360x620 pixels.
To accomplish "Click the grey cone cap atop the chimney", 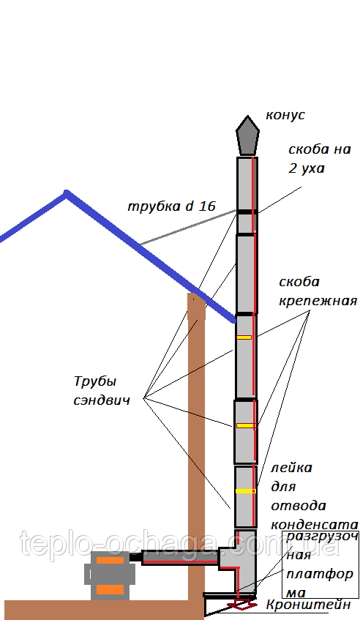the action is click(248, 135).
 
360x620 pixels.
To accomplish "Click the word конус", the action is click(285, 115).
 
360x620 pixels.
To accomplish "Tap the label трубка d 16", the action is click(172, 206).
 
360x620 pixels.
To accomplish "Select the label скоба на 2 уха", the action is click(319, 159).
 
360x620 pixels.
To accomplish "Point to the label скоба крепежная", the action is click(318, 291).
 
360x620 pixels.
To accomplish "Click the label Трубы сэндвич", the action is click(102, 391).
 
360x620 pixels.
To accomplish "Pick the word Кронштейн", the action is click(308, 605).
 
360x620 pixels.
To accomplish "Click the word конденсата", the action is click(315, 525).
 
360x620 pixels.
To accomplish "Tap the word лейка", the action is click(291, 468).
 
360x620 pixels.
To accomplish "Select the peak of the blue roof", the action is click(67, 193).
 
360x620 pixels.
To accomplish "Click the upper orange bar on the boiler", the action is click(110, 560).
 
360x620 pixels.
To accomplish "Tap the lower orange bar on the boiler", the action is click(110, 590).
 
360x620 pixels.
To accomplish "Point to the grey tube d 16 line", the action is click(189, 228).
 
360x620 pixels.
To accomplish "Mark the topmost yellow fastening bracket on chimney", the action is click(244, 337).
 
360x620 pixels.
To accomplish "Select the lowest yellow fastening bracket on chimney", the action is click(245, 491).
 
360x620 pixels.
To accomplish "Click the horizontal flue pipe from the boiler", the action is click(180, 557).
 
